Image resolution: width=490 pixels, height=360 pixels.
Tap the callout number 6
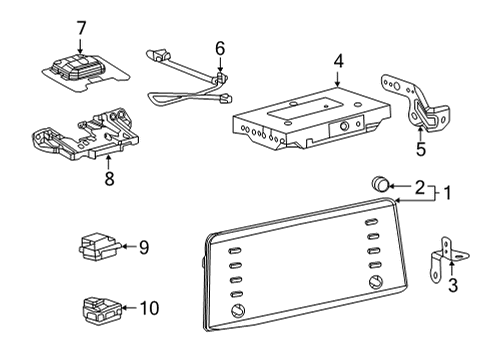point(219,46)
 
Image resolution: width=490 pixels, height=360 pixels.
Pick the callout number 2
point(420,186)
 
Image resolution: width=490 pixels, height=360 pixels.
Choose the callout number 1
point(448,193)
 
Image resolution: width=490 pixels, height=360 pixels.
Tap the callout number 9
point(143,246)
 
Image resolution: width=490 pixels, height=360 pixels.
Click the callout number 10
point(148,310)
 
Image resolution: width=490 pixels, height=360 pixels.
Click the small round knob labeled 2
point(380,185)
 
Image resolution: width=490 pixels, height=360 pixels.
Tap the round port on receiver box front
point(343,127)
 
